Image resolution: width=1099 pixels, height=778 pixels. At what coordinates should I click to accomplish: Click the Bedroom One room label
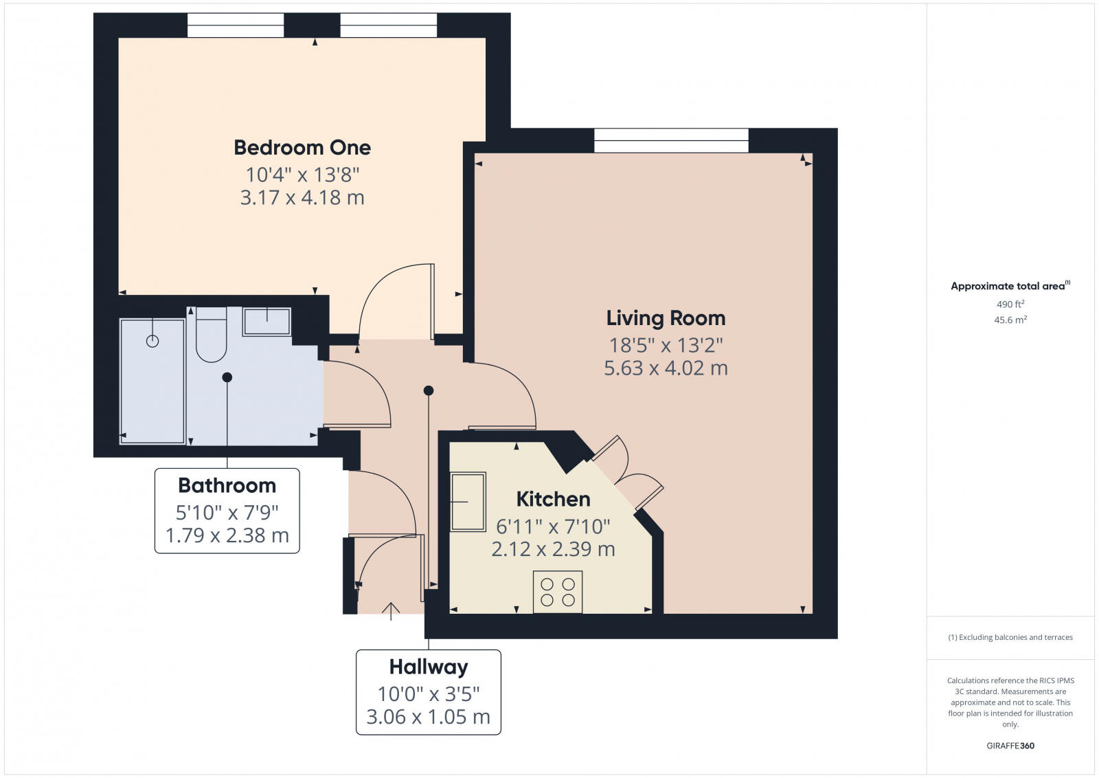[302, 147]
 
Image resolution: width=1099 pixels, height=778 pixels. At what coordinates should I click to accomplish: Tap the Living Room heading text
[666, 318]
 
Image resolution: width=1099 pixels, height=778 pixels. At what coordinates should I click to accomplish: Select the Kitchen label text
[553, 498]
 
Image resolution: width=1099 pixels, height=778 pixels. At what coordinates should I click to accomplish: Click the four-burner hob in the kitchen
[558, 592]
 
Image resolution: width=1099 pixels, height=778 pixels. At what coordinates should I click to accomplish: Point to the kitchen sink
[468, 502]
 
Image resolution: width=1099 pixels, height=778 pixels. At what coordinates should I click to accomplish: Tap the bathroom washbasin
[267, 321]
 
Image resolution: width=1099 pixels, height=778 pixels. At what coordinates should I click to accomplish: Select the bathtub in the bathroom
[152, 381]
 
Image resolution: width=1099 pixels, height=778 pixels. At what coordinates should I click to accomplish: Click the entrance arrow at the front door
[391, 610]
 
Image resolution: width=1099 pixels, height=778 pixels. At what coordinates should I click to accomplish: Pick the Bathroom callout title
[227, 485]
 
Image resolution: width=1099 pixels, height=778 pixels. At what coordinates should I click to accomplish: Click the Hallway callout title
[429, 667]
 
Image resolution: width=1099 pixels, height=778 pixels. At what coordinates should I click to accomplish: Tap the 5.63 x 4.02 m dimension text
[666, 368]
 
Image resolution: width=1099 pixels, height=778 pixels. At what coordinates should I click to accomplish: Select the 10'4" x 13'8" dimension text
[302, 175]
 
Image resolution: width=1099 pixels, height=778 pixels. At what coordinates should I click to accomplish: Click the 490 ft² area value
[1010, 304]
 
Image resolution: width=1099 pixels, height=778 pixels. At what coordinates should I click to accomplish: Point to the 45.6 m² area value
[1010, 320]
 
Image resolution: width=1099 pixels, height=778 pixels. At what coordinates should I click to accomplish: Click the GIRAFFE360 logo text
[1010, 746]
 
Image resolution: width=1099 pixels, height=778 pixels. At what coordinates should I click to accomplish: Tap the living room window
[671, 140]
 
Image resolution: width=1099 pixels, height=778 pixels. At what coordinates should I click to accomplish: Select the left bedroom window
[236, 25]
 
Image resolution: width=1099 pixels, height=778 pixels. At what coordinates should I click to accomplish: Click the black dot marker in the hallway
[429, 390]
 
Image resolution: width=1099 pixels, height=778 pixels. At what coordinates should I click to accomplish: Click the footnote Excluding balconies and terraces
[1010, 637]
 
